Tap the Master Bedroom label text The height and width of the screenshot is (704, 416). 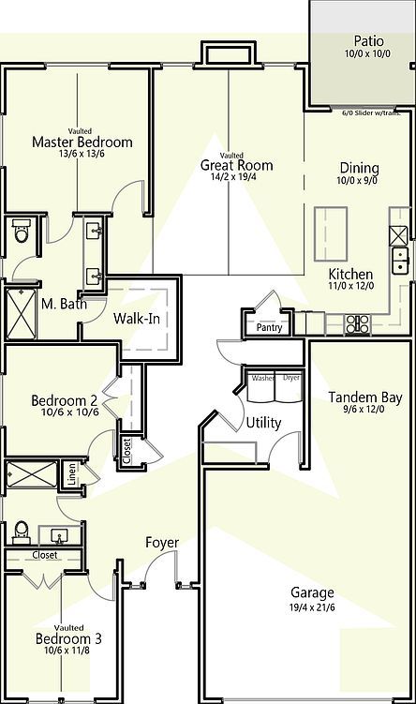click(x=82, y=142)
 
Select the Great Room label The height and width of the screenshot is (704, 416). click(x=230, y=166)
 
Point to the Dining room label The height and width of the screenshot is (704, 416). click(x=357, y=169)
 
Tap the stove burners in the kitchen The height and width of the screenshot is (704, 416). click(x=358, y=323)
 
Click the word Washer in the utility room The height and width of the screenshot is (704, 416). click(x=263, y=378)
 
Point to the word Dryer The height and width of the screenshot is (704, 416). click(x=291, y=378)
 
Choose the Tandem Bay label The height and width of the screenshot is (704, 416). click(x=365, y=397)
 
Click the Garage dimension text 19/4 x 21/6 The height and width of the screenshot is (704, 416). click(x=312, y=607)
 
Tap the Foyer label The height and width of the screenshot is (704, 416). click(x=161, y=543)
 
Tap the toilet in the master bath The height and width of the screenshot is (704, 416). click(x=22, y=232)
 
